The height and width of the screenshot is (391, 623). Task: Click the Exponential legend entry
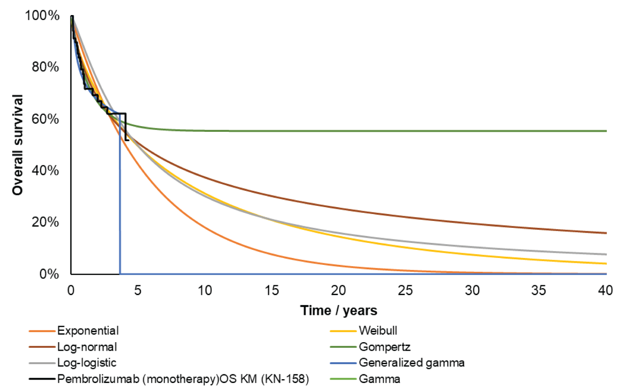coord(88,331)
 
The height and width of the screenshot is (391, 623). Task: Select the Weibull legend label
coord(377,331)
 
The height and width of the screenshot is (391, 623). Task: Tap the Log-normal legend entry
coord(87,347)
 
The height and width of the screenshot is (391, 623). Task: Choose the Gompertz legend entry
coord(384,347)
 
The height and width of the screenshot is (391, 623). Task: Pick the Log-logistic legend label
coord(86,363)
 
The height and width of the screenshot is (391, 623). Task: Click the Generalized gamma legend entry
coord(411,363)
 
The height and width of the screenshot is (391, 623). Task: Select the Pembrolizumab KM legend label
coord(183,379)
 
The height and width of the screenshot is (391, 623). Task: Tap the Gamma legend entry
coord(379,379)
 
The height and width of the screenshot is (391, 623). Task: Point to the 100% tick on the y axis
coord(42,15)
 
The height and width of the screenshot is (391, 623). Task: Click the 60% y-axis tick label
coord(45,119)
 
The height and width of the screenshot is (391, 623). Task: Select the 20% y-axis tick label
coord(45,223)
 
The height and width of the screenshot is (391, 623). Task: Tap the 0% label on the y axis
coord(49,274)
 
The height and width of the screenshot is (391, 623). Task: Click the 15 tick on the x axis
coord(272,291)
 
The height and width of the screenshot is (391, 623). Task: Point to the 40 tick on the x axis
coord(605,291)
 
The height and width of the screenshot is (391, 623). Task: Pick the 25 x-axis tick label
coord(405,291)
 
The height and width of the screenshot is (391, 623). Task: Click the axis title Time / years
coord(339,311)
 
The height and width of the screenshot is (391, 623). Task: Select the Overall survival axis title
coord(18,145)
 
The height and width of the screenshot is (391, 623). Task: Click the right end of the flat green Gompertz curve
coord(605,131)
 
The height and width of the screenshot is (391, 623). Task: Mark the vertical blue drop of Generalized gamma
coord(120,203)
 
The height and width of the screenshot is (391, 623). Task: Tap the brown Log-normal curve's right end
coord(605,233)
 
